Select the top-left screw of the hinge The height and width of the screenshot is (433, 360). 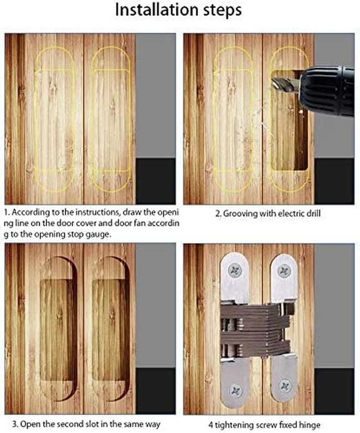pyautogui.click(x=234, y=270)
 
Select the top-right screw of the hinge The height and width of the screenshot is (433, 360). pyautogui.click(x=284, y=270)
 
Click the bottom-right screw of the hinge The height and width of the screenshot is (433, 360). pyautogui.click(x=284, y=386)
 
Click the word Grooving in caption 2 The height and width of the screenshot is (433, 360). pyautogui.click(x=241, y=214)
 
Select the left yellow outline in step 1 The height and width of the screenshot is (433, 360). pyautogui.click(x=54, y=119)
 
